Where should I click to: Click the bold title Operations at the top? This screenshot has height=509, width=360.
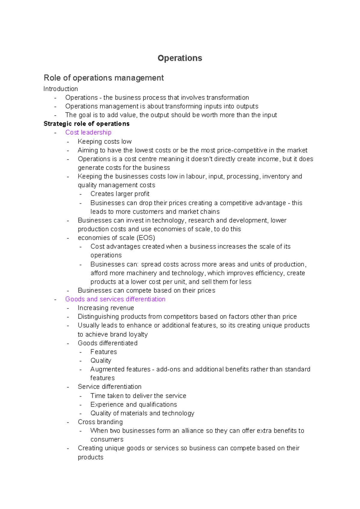(x=180, y=58)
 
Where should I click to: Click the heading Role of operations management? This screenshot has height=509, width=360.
(x=103, y=78)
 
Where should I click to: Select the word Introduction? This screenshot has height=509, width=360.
(x=61, y=89)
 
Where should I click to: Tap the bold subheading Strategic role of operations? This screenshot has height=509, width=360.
(x=86, y=124)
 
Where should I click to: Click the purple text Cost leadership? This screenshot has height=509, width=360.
(x=88, y=132)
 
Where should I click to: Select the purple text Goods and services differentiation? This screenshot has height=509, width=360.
(x=115, y=299)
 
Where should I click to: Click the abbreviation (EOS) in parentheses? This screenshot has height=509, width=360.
(x=145, y=238)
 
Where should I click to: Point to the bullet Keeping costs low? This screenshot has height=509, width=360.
(x=104, y=141)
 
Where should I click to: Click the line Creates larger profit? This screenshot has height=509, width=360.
(x=120, y=194)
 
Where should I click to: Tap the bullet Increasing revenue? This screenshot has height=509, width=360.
(x=106, y=308)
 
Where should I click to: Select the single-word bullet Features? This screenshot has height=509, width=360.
(x=103, y=352)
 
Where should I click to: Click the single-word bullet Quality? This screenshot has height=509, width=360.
(x=101, y=360)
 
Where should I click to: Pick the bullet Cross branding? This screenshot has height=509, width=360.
(x=100, y=422)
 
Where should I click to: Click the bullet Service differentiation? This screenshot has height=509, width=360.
(x=109, y=387)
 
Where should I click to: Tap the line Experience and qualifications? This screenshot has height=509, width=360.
(x=133, y=405)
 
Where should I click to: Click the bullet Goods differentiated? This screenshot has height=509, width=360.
(x=107, y=343)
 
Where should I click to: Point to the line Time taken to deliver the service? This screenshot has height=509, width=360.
(x=138, y=396)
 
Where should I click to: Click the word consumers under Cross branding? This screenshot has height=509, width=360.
(x=107, y=439)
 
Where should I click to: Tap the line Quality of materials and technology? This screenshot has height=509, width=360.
(x=142, y=413)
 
